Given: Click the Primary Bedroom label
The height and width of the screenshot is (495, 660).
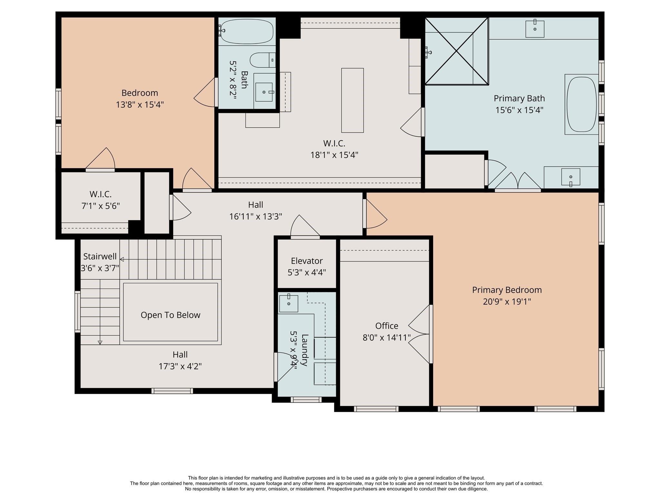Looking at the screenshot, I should [x=507, y=290].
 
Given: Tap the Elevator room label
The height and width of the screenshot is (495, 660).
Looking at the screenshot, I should [x=306, y=261].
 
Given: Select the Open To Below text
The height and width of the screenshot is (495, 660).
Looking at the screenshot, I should [x=170, y=315].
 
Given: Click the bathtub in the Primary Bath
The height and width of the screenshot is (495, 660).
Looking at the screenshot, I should [x=581, y=104].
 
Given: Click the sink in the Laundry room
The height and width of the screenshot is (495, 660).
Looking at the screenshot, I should [x=288, y=303].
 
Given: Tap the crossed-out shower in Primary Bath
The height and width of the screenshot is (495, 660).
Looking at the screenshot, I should [x=456, y=51].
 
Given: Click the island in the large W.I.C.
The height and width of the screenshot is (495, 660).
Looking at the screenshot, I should [x=352, y=100].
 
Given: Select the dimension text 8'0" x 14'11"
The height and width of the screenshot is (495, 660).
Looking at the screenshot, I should [x=386, y=337].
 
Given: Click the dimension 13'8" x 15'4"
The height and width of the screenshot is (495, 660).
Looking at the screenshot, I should [x=140, y=104].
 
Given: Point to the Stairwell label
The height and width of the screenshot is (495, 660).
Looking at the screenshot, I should [x=100, y=257].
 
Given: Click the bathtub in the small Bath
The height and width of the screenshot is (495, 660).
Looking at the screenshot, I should [x=247, y=32].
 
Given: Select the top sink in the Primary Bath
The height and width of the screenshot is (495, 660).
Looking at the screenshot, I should [x=535, y=29].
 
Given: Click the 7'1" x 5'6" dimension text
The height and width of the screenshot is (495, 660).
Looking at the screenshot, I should [x=101, y=206].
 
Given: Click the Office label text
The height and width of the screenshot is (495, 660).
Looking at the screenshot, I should [x=386, y=326].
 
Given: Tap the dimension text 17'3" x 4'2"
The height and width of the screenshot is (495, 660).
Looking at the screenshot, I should [x=180, y=366].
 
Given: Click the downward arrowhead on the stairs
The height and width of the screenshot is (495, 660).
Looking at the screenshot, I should [x=100, y=343].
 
